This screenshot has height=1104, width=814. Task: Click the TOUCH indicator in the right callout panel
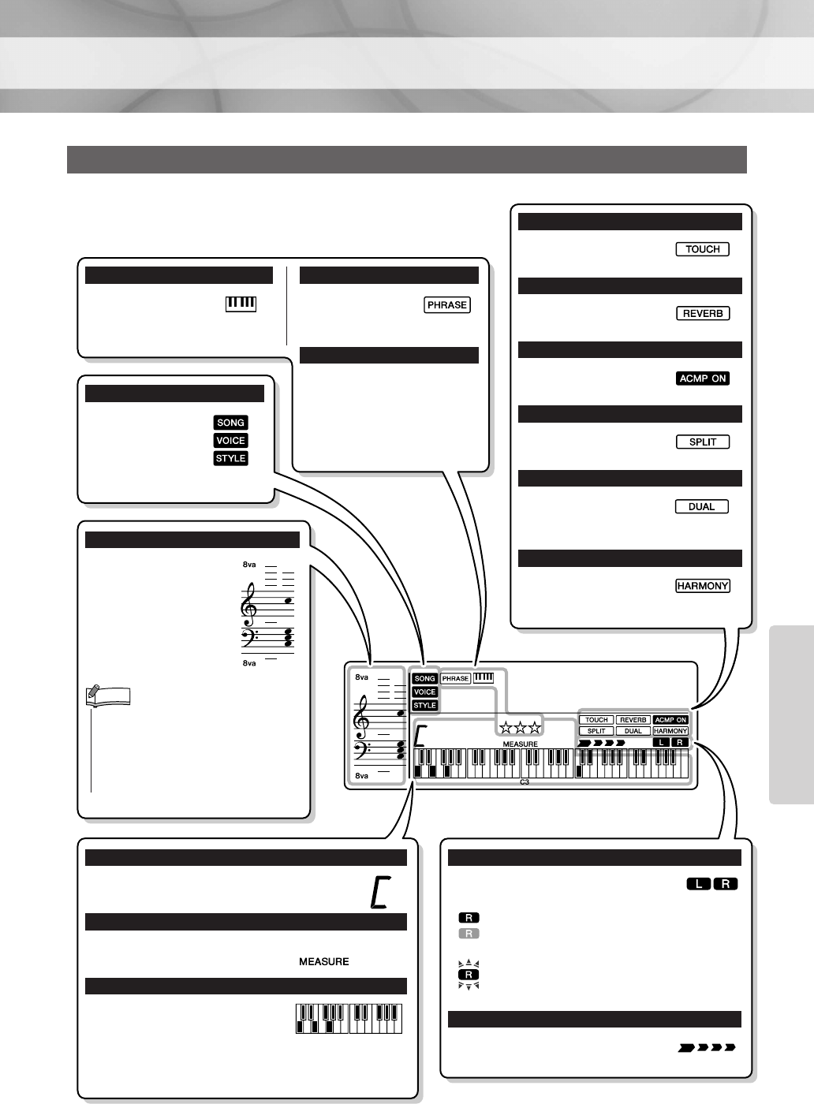(702, 249)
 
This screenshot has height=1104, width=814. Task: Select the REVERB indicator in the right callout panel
(702, 313)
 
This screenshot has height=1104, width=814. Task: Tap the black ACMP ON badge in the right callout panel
(702, 379)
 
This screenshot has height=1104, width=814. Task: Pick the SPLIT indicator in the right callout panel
(702, 442)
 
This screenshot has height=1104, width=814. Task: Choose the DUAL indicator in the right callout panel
(701, 506)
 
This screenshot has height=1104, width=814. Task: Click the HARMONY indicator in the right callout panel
(702, 586)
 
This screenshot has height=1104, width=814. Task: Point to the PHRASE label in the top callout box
(446, 305)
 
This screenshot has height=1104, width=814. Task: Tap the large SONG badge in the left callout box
(230, 423)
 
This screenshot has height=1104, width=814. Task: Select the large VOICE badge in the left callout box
(230, 441)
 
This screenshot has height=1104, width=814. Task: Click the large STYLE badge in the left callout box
(230, 458)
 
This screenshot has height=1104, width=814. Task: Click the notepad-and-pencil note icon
(107, 696)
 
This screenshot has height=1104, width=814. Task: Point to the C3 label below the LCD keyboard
(525, 782)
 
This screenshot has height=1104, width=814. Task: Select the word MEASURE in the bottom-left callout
(323, 961)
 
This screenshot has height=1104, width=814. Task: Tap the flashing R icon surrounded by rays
(469, 975)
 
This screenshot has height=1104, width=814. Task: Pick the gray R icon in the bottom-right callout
(469, 934)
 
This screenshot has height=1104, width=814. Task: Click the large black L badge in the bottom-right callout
(699, 884)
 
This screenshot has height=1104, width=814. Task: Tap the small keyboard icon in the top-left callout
(241, 304)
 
